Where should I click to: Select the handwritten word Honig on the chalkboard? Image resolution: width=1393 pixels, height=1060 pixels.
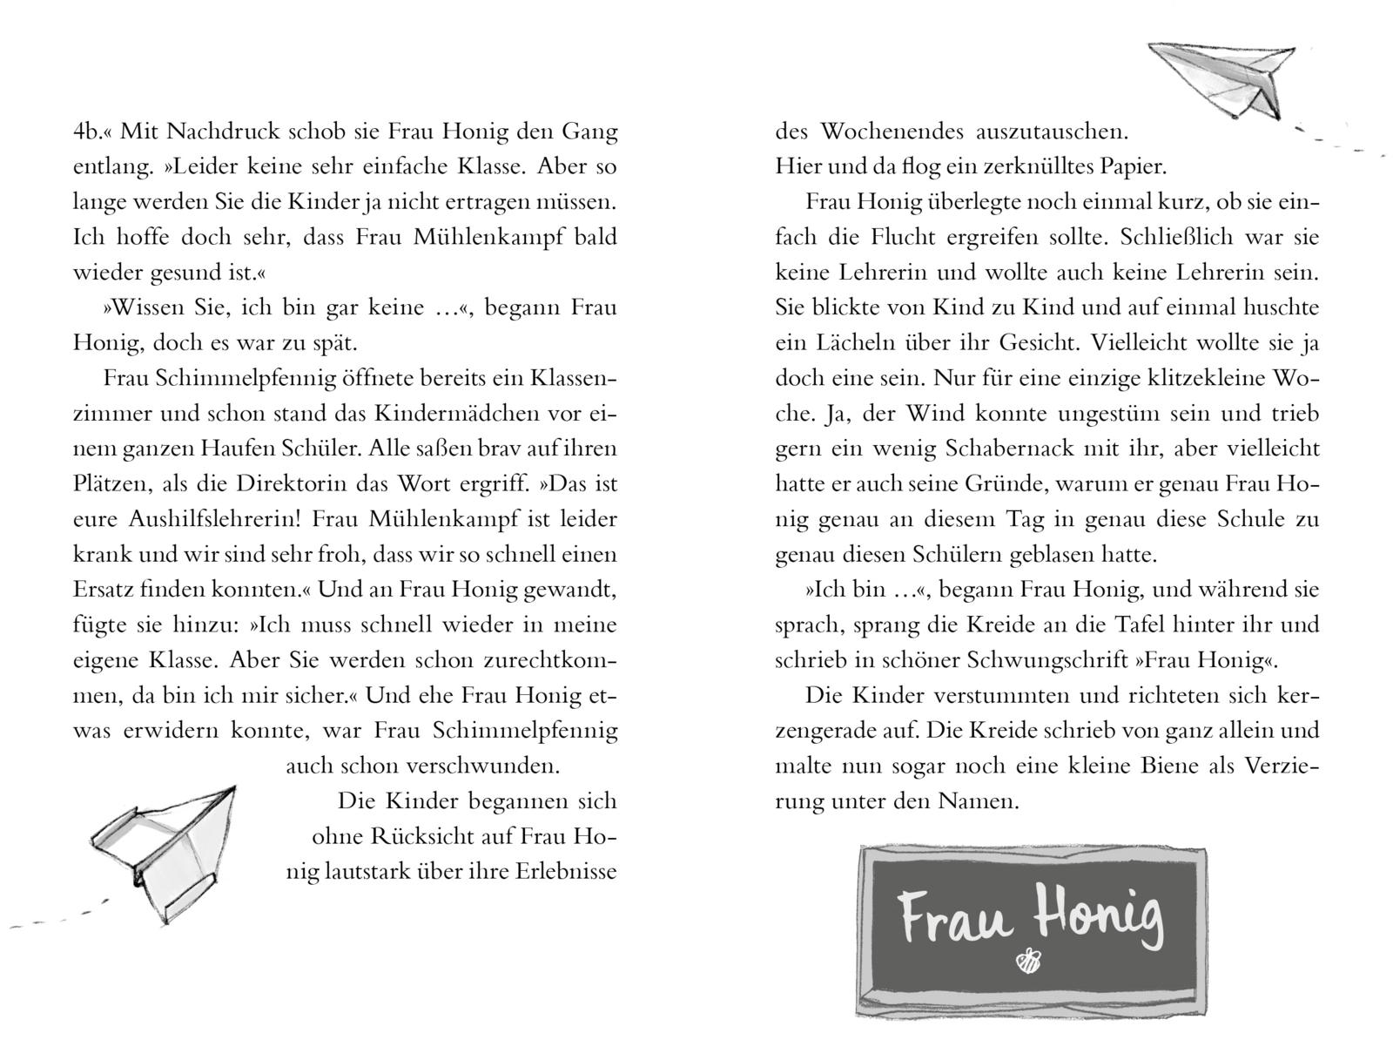(1099, 918)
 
